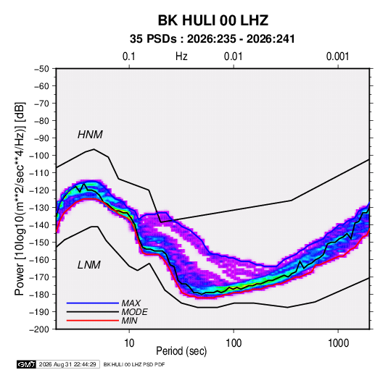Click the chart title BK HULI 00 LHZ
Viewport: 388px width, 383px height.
pyautogui.click(x=213, y=20)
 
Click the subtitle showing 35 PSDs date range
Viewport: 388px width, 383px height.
pyautogui.click(x=212, y=39)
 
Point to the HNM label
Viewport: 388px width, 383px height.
pyautogui.click(x=90, y=135)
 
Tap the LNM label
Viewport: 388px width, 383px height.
pyautogui.click(x=89, y=265)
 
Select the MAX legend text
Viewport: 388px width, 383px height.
pyautogui.click(x=131, y=303)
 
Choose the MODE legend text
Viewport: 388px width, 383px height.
pyautogui.click(x=134, y=312)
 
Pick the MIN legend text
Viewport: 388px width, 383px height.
pyautogui.click(x=129, y=321)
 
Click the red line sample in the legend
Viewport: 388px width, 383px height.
pyautogui.click(x=93, y=321)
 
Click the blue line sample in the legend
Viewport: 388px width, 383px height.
pyautogui.click(x=93, y=303)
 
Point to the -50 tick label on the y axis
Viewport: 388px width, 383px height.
pyautogui.click(x=41, y=69)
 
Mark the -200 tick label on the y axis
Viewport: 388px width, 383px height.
pyautogui.click(x=39, y=329)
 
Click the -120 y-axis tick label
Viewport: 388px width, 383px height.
pyautogui.click(x=39, y=190)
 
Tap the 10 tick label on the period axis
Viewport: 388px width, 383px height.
pyautogui.click(x=129, y=343)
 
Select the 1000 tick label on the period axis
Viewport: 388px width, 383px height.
pyautogui.click(x=338, y=343)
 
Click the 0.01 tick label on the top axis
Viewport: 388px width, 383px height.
pyautogui.click(x=233, y=56)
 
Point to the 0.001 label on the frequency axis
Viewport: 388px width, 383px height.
pyautogui.click(x=337, y=56)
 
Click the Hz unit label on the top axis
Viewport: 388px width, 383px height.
pyautogui.click(x=181, y=56)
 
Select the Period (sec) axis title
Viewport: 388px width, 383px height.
pyautogui.click(x=181, y=351)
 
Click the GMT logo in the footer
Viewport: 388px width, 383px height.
pyautogui.click(x=26, y=364)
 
